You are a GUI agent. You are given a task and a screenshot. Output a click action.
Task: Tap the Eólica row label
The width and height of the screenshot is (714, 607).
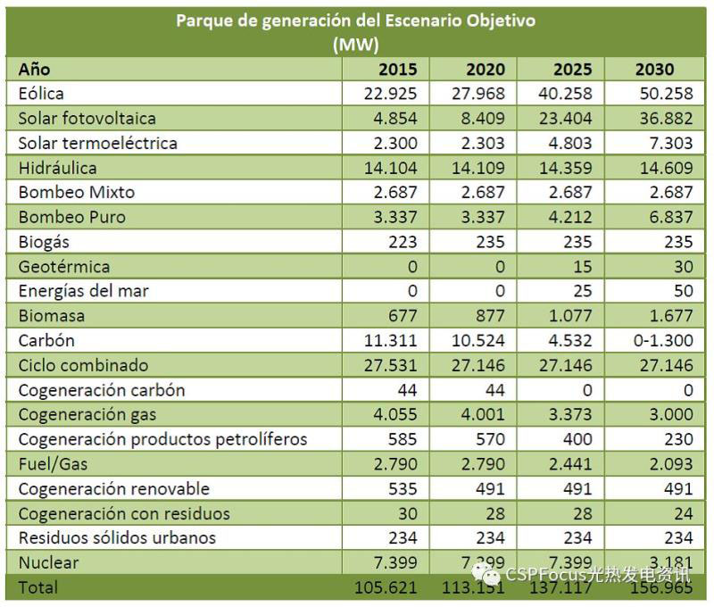[x=41, y=93]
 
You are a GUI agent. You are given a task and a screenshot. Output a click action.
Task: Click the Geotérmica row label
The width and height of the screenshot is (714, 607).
[x=64, y=266]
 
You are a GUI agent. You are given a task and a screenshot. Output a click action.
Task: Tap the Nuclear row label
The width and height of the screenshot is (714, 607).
[x=48, y=562]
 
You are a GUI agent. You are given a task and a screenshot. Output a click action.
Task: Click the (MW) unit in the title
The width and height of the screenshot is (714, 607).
[x=355, y=43]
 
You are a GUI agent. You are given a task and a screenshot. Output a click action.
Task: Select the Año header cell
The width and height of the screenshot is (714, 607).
[x=35, y=69]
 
